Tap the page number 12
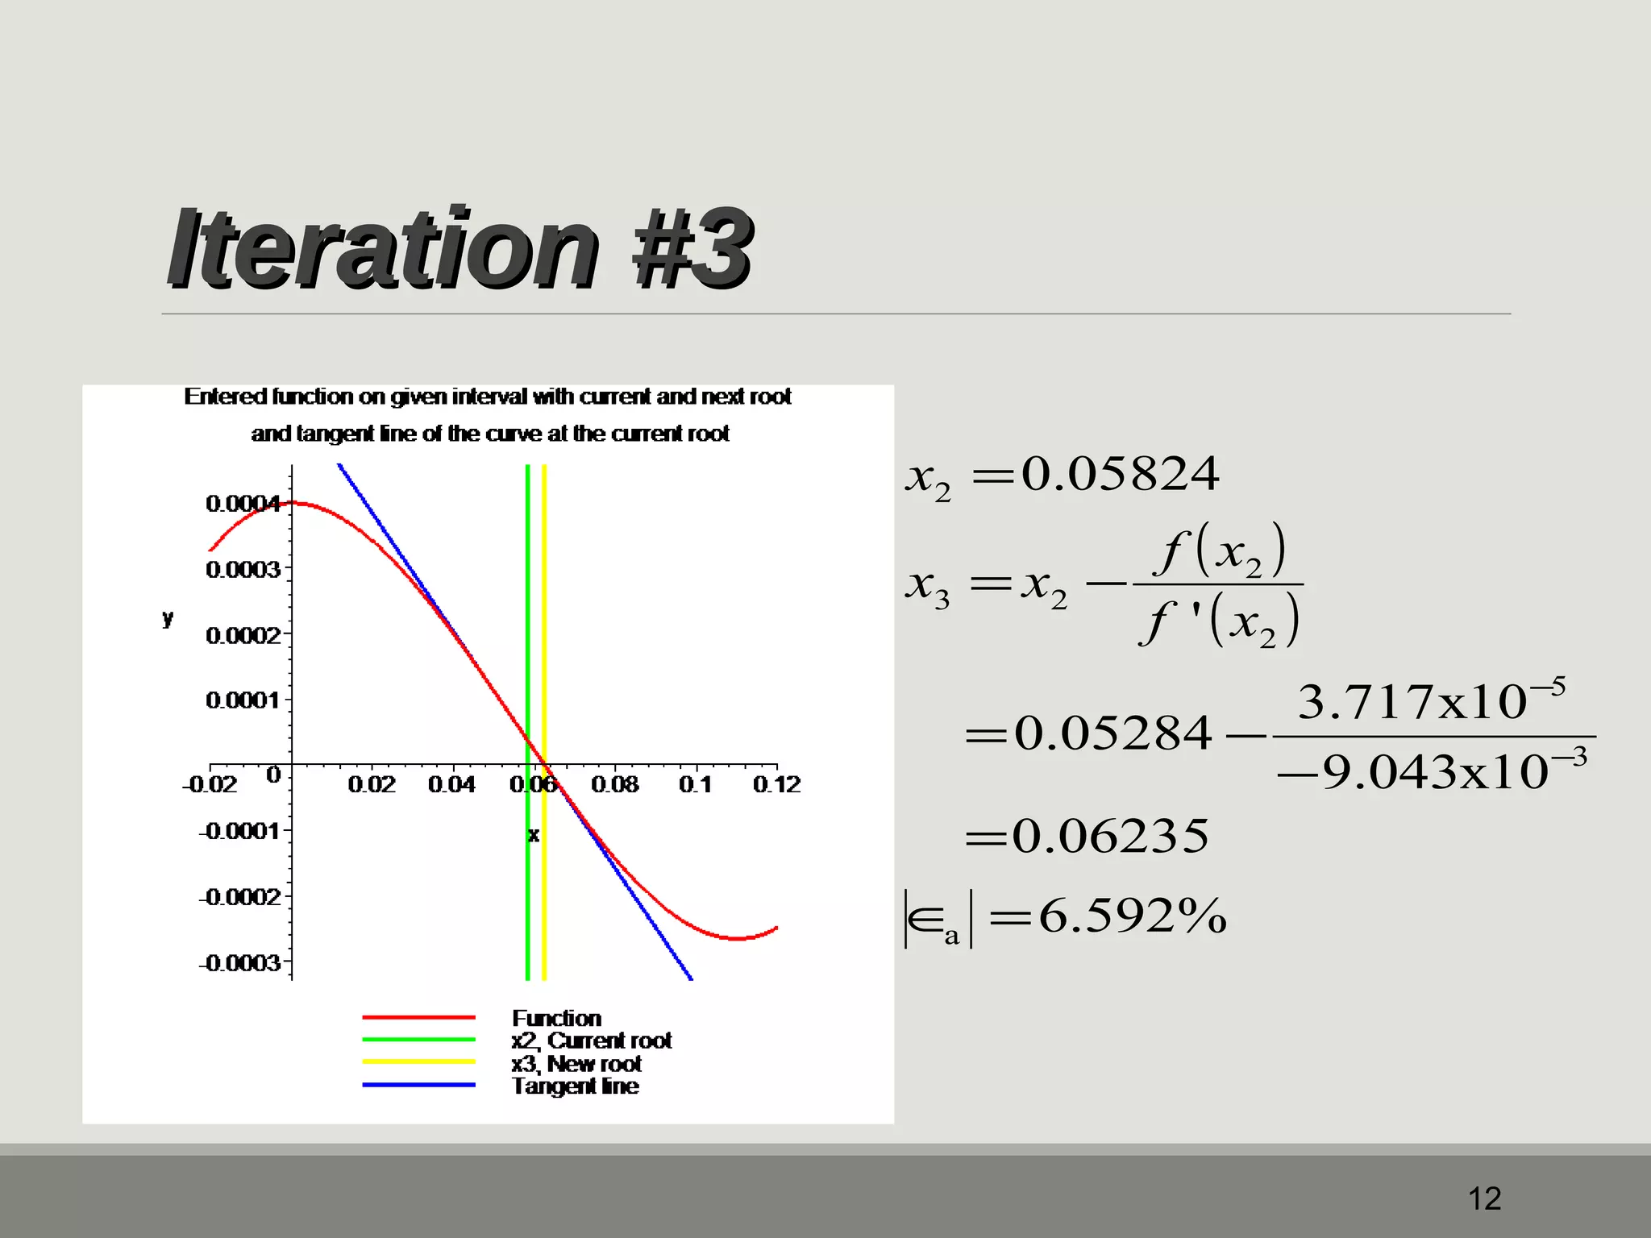(x=1484, y=1199)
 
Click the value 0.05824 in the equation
(x=1120, y=474)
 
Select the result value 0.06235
(x=1110, y=836)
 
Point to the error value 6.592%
(x=1132, y=916)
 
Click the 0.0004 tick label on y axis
(x=243, y=504)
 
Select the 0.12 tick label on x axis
(x=776, y=784)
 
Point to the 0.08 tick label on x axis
(x=614, y=784)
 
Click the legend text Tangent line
(x=576, y=1086)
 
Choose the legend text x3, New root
(x=576, y=1064)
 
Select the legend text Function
(x=556, y=1018)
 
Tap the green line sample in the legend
(x=418, y=1040)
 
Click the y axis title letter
(x=168, y=618)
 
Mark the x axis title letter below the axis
(x=533, y=835)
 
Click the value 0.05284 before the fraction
(x=1112, y=734)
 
